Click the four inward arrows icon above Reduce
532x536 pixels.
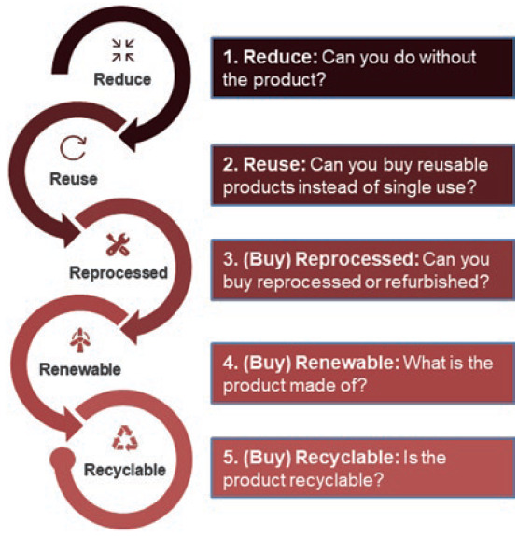[x=123, y=50]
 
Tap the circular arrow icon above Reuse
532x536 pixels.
[x=73, y=147]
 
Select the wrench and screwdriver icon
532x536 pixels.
[x=118, y=244]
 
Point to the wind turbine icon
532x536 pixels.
[x=80, y=340]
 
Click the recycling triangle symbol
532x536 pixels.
[x=125, y=438]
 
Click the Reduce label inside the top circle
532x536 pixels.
[x=122, y=79]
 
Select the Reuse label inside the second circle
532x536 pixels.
[x=74, y=179]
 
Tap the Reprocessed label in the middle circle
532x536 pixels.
[x=119, y=273]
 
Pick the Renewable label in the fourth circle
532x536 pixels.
[x=80, y=369]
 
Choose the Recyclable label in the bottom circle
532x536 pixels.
[x=125, y=470]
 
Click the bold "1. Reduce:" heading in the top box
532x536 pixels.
[x=271, y=57]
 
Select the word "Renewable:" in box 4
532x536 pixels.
[x=347, y=363]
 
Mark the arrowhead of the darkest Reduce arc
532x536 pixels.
[x=130, y=134]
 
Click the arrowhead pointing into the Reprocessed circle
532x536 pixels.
[x=71, y=231]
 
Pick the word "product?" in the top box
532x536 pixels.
[x=289, y=80]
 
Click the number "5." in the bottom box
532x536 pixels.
[x=231, y=458]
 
